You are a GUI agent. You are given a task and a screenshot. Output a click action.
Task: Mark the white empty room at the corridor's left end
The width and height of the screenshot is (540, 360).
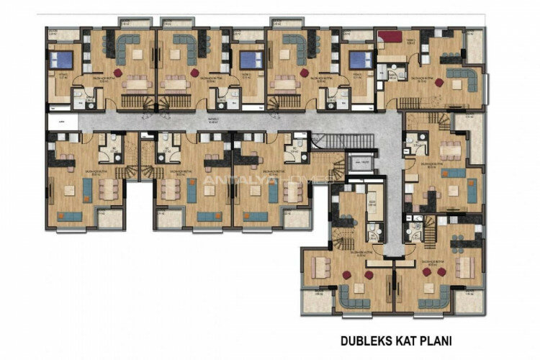point(60,122)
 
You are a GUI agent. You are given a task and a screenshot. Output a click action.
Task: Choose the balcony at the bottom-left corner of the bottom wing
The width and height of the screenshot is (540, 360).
point(312,302)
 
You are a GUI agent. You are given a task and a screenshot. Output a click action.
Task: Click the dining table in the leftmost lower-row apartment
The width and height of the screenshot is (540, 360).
point(110,189)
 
